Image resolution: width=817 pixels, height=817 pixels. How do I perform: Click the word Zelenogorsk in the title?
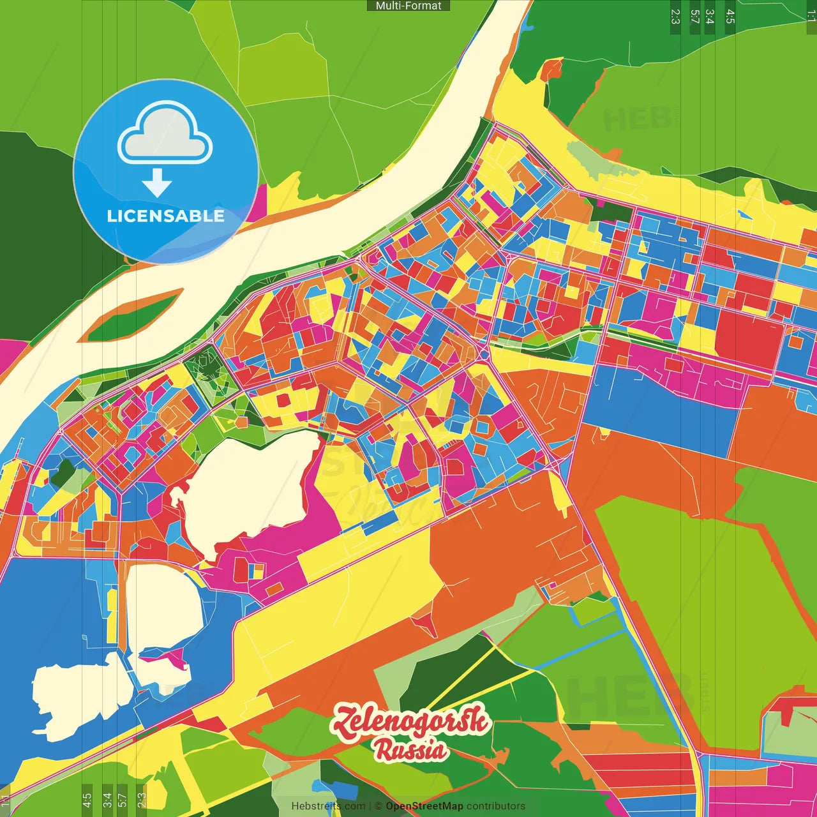(x=411, y=723)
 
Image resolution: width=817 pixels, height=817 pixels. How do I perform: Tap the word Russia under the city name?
(x=410, y=751)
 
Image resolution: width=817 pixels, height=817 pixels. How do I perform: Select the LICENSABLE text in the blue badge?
(x=166, y=216)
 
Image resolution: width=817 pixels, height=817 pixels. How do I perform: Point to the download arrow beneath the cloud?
(x=157, y=184)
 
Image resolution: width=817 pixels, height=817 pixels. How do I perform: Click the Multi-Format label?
(x=408, y=6)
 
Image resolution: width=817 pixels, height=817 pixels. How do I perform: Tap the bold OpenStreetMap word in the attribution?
(x=424, y=806)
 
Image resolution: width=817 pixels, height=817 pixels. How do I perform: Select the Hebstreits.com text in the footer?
(x=328, y=806)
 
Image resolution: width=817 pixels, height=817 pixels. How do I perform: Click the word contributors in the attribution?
(x=496, y=806)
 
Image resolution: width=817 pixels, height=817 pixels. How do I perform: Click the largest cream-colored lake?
(x=252, y=488)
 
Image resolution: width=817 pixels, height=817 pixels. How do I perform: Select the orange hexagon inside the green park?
(x=241, y=422)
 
